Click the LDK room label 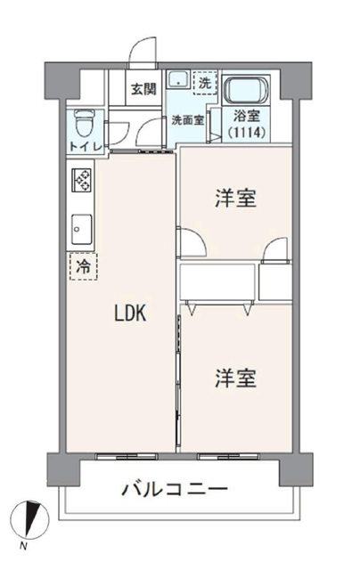(130, 313)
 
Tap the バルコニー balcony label (175, 489)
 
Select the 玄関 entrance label (143, 89)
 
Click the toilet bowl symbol (84, 123)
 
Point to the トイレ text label (86, 147)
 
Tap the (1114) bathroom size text (246, 133)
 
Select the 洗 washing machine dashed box (205, 83)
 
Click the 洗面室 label (188, 120)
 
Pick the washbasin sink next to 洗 (178, 79)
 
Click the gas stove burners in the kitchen (81, 180)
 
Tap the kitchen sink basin (81, 230)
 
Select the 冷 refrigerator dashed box (84, 266)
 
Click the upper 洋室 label (236, 198)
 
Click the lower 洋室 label (236, 378)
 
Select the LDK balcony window (127, 456)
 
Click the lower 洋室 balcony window (228, 456)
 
